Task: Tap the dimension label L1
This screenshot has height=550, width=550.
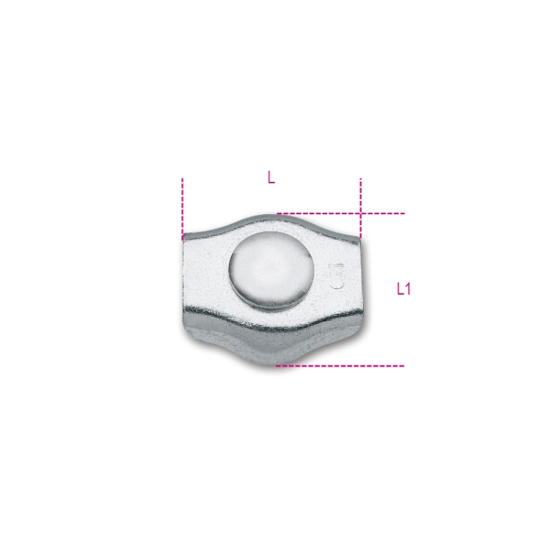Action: (x=403, y=289)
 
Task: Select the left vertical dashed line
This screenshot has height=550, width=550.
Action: (x=182, y=208)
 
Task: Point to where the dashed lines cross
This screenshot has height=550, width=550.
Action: (x=360, y=213)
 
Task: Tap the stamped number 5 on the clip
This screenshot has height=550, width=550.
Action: (x=338, y=277)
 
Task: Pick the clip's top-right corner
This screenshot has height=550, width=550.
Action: (x=359, y=238)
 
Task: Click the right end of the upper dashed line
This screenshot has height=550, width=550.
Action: (x=404, y=213)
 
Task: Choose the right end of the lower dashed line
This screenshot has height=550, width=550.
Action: (x=403, y=364)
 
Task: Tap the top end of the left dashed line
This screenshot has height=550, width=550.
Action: (x=182, y=178)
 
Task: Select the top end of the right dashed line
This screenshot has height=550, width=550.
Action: (x=360, y=178)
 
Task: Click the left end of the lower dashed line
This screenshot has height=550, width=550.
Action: (x=276, y=364)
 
